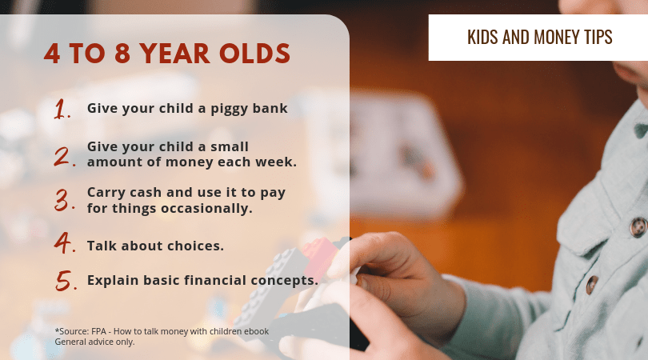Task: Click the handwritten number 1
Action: coord(61,109)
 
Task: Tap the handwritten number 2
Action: coord(63,157)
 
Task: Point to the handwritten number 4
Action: coord(63,242)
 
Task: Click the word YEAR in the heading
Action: coord(174,54)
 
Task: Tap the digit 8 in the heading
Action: coord(122,54)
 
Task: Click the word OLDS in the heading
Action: coord(254,54)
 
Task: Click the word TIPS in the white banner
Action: coord(598,37)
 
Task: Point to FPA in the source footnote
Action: coord(98,331)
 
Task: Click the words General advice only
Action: coord(94,342)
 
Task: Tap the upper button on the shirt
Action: coord(638,227)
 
